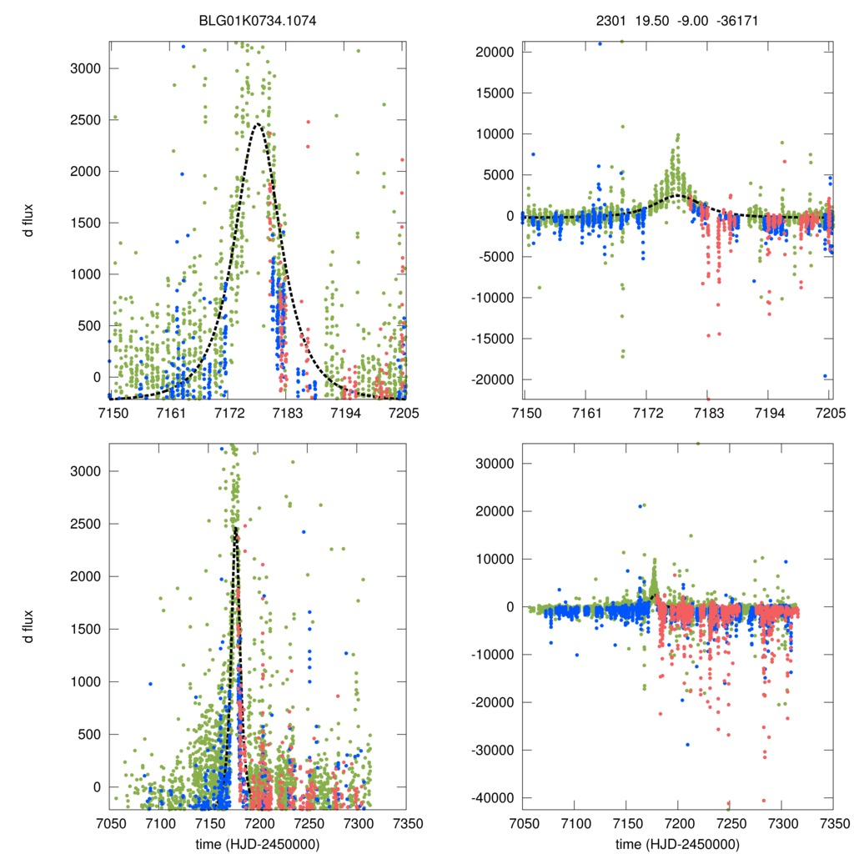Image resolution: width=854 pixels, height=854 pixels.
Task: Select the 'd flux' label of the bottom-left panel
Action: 30,626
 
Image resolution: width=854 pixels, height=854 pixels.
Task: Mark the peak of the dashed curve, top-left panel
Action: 258,124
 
